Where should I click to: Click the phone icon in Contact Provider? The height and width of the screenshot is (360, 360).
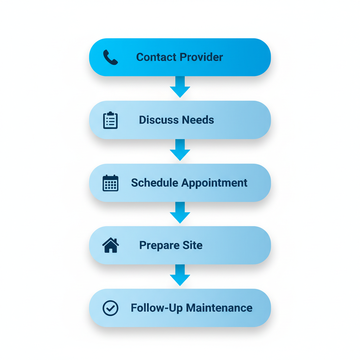[x=110, y=57]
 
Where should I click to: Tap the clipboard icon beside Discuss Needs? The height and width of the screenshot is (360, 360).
[x=110, y=120]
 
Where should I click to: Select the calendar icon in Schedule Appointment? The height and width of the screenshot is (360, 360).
[x=110, y=183]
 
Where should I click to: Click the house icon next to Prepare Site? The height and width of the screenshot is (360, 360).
[x=110, y=245]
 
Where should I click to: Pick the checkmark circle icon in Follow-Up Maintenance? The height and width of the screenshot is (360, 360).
[x=110, y=308]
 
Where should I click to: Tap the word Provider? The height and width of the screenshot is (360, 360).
[x=201, y=57]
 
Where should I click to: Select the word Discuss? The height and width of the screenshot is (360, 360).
[x=159, y=120]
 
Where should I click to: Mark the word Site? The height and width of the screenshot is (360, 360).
[x=192, y=245]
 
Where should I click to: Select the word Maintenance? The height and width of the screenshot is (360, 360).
[x=219, y=308]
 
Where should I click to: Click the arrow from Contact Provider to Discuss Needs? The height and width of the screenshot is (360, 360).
[x=180, y=87]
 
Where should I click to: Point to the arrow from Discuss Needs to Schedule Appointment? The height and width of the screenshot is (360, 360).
[x=180, y=150]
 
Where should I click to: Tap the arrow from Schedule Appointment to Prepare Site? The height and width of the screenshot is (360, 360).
[x=180, y=213]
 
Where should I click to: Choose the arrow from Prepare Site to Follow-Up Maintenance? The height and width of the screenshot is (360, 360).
[x=180, y=275]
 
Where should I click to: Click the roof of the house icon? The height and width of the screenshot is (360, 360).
[x=110, y=241]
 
